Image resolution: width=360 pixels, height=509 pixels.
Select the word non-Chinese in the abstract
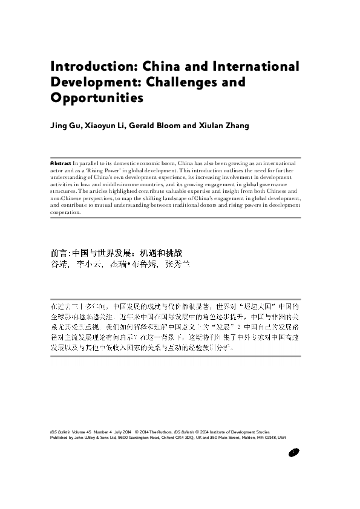click(64, 198)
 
